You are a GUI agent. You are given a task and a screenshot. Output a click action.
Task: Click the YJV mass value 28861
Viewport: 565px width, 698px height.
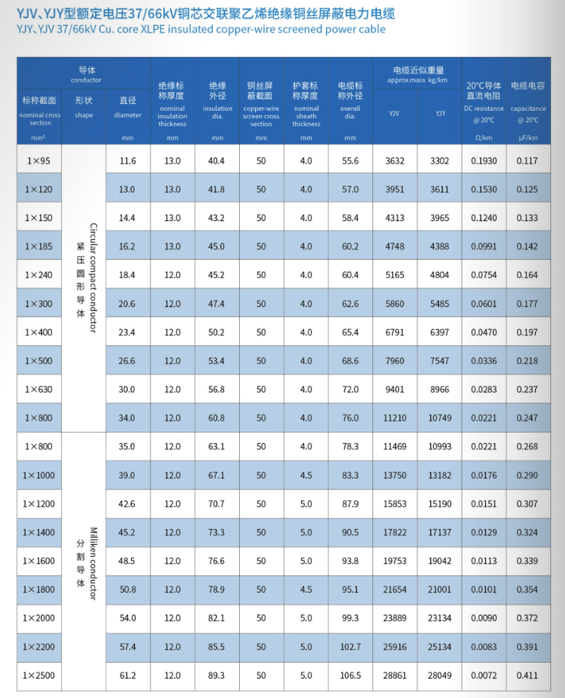click(394, 675)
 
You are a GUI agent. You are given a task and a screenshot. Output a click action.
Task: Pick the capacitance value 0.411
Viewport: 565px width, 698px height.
click(527, 675)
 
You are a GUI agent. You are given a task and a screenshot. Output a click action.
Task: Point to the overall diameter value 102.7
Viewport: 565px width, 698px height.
click(350, 647)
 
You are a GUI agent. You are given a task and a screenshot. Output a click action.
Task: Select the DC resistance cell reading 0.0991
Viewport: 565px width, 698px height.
click(484, 246)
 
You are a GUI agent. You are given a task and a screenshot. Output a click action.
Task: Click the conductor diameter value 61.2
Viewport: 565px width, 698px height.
click(128, 675)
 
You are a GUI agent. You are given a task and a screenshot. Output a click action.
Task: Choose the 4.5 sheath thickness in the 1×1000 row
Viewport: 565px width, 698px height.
click(306, 475)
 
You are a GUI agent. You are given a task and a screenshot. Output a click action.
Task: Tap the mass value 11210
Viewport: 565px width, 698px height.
click(394, 418)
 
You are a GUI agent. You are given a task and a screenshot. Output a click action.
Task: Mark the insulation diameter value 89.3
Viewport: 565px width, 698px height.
click(217, 675)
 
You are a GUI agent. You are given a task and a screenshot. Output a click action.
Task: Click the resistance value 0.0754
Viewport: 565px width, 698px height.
click(484, 275)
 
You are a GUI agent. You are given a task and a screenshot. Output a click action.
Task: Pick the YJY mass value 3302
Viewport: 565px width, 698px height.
click(440, 161)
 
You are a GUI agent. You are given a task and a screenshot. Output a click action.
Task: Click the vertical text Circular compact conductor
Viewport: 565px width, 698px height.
click(93, 277)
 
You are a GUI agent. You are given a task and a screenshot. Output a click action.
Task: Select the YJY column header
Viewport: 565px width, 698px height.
click(440, 113)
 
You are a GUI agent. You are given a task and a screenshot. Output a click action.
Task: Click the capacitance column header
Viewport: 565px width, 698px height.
click(528, 101)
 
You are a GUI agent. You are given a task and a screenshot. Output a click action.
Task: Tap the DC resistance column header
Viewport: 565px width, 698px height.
click(484, 101)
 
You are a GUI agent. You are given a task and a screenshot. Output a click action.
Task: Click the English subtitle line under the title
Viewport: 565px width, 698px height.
click(201, 29)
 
